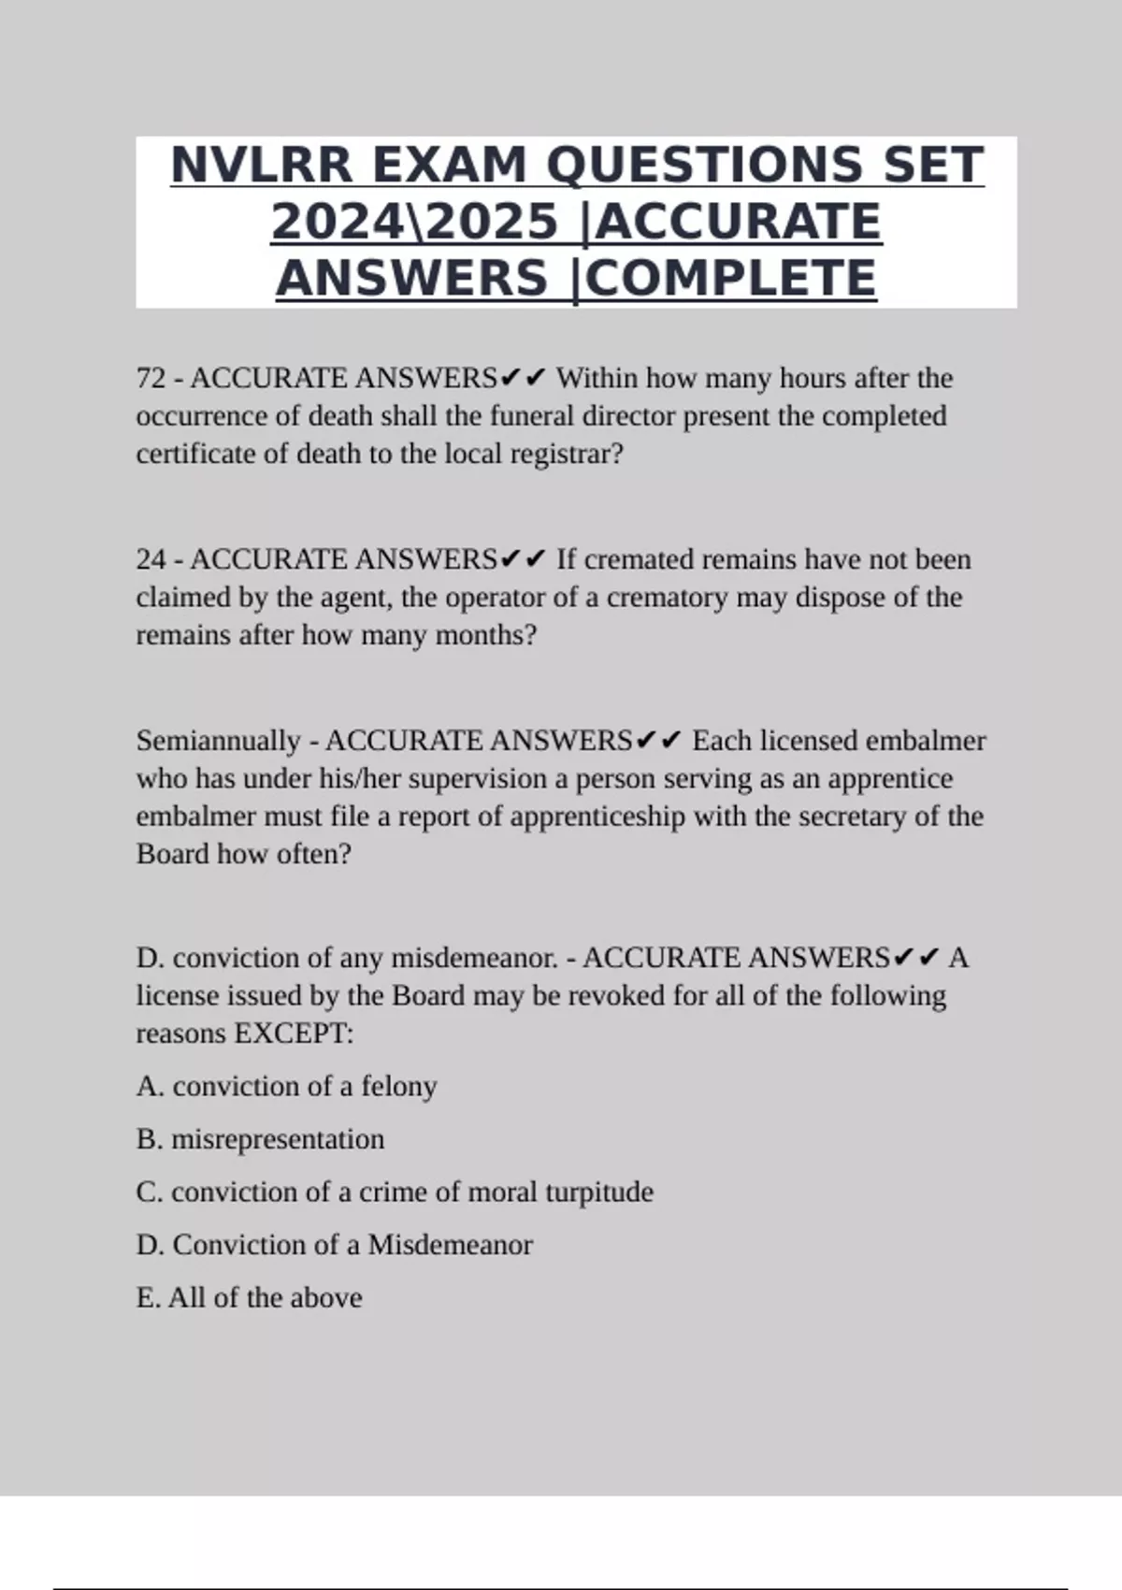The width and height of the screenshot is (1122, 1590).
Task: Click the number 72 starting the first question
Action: point(151,379)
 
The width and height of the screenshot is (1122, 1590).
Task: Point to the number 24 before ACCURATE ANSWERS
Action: point(151,560)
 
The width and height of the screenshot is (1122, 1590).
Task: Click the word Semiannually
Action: point(218,742)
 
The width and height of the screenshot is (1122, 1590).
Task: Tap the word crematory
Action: point(667,598)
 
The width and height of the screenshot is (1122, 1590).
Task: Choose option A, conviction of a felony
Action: point(286,1087)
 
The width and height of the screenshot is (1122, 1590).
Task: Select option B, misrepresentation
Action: point(260,1139)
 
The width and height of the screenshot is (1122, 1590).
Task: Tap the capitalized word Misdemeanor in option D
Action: point(450,1245)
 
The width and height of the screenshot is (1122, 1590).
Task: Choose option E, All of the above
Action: point(249,1298)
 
